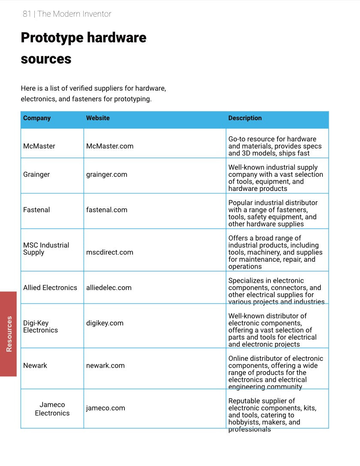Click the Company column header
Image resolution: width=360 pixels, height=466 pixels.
(37, 118)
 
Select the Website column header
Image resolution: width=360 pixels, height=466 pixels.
(98, 118)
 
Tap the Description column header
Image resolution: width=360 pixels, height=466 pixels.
(245, 118)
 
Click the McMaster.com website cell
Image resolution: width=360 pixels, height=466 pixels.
(110, 146)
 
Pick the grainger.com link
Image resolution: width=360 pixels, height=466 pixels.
(107, 175)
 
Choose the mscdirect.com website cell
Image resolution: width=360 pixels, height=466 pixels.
(110, 252)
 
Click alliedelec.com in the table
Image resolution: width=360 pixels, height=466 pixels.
(109, 288)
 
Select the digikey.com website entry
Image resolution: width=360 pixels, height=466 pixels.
(105, 323)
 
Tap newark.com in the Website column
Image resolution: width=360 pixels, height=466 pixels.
(106, 366)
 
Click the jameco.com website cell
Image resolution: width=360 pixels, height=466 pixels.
(106, 408)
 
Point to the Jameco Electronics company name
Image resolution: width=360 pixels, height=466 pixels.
(52, 409)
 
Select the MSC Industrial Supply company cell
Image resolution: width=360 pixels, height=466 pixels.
(46, 249)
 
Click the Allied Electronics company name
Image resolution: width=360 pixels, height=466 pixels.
(50, 288)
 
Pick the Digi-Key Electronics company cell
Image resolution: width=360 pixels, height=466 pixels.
(41, 327)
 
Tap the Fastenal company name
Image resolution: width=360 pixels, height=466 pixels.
(36, 210)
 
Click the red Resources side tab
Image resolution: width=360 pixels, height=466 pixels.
(9, 334)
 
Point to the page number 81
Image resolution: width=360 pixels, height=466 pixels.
(27, 14)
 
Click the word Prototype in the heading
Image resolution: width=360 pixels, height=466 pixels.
(51, 38)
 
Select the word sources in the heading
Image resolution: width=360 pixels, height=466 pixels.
(46, 59)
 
